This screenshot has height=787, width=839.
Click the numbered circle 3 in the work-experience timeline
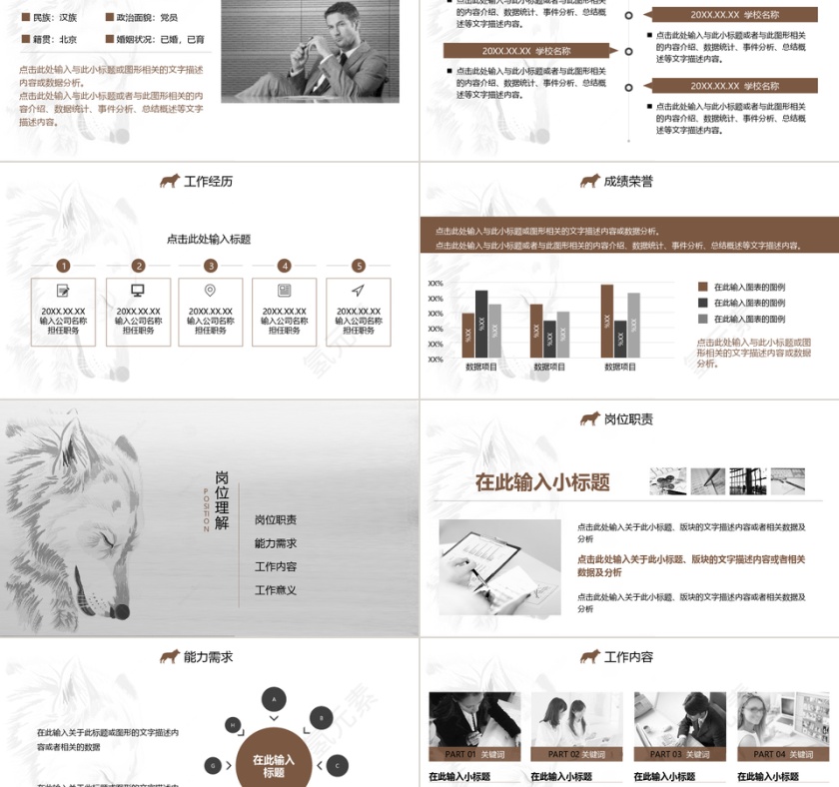tap(211, 266)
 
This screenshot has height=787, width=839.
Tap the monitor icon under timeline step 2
tap(138, 291)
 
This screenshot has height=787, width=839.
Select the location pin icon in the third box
tap(211, 291)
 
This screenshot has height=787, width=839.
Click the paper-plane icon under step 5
tap(358, 291)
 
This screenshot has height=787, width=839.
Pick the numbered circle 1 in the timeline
tap(64, 266)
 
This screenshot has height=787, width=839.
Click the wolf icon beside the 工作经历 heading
tap(170, 182)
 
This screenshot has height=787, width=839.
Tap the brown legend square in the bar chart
tap(702, 287)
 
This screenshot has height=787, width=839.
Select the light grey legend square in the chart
tap(702, 319)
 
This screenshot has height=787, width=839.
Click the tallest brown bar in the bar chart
tap(606, 321)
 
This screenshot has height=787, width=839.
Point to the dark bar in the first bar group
tap(481, 324)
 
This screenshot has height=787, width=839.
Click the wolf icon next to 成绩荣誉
tap(589, 182)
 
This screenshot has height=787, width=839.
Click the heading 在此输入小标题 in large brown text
tap(542, 482)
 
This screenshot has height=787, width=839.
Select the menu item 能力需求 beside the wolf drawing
tap(276, 543)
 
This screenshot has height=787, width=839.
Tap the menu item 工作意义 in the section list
tap(276, 590)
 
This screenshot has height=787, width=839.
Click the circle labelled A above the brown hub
tap(273, 699)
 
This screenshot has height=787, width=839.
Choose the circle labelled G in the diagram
tap(213, 766)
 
